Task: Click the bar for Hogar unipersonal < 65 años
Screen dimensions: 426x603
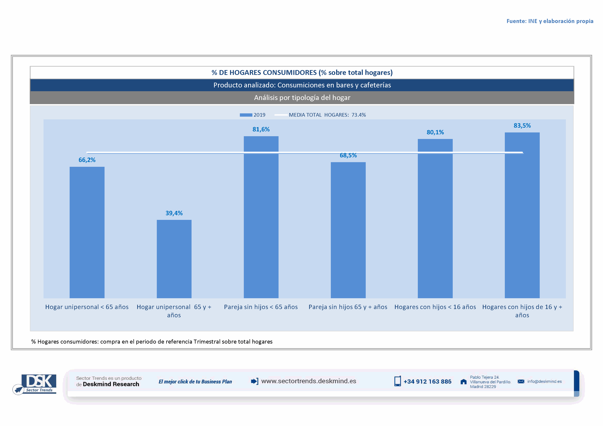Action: (x=87, y=232)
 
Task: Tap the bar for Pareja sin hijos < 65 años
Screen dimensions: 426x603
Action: (x=261, y=217)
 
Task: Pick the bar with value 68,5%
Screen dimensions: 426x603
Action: (x=348, y=230)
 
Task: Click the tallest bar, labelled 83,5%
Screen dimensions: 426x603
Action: (x=522, y=215)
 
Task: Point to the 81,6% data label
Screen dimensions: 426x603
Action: (x=261, y=129)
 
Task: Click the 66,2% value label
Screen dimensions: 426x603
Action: (x=87, y=160)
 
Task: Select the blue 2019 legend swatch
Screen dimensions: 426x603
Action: (x=246, y=115)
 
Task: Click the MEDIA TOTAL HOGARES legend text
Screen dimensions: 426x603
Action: (x=327, y=115)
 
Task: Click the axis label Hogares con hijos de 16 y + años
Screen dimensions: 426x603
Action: (x=522, y=311)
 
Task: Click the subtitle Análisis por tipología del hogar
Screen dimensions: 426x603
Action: (x=302, y=98)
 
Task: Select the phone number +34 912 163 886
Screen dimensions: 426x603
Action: (x=427, y=381)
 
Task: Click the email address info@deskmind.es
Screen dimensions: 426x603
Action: (x=544, y=381)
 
